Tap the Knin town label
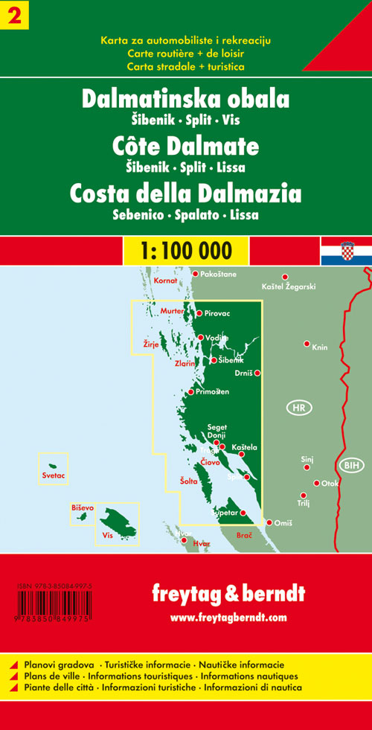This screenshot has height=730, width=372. pos(320,348)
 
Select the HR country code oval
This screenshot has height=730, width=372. pos(298,409)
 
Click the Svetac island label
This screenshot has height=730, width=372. pos(53,475)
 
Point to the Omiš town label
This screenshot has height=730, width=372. pos(284,523)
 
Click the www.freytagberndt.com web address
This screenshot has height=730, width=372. pos(228,617)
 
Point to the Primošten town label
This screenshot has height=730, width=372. pos(212,391)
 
